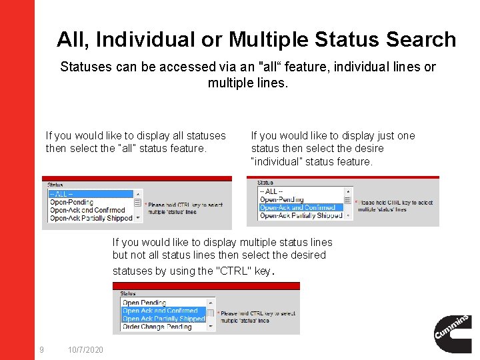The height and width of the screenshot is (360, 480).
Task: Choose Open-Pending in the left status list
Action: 72,202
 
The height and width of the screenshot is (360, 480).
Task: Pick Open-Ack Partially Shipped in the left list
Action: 91,218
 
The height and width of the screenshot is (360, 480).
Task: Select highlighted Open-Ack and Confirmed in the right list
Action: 297,207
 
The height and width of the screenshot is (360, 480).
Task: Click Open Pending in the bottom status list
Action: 144,303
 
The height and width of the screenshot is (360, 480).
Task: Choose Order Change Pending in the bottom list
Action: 157,327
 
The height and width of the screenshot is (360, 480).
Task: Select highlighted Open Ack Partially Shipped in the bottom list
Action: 163,319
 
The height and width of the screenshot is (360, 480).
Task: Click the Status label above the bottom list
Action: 128,293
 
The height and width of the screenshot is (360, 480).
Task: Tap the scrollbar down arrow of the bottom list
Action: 211,327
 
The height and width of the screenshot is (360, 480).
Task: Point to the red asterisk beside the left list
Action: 145,205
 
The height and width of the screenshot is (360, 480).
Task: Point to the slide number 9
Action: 42,350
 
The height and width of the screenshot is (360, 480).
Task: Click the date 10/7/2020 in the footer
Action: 85,350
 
